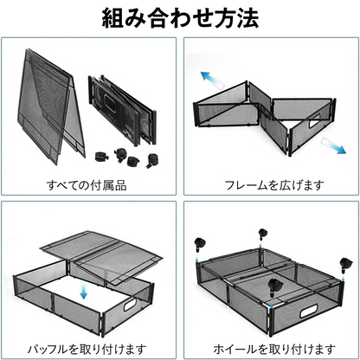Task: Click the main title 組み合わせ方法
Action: [180, 19]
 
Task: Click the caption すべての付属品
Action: [91, 184]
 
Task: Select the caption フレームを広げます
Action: [270, 184]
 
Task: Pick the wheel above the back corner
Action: [260, 231]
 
